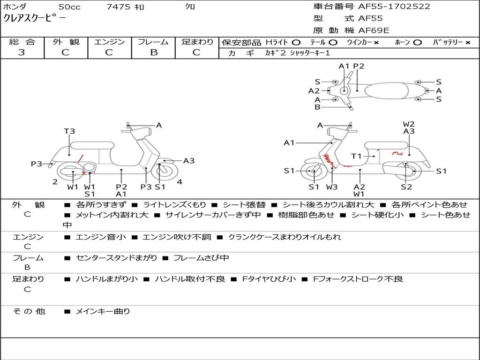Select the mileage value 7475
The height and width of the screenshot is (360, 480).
pyautogui.click(x=119, y=7)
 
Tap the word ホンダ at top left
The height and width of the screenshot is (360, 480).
pyautogui.click(x=15, y=7)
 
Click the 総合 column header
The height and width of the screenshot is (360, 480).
pyautogui.click(x=22, y=42)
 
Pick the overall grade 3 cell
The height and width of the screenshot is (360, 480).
pyautogui.click(x=22, y=52)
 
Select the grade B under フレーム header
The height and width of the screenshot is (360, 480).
pyautogui.click(x=153, y=52)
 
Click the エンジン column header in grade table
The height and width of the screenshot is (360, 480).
pyautogui.click(x=109, y=42)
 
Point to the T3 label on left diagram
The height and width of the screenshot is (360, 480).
pyautogui.click(x=69, y=131)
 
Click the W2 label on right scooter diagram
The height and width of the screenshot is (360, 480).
pyautogui.click(x=409, y=124)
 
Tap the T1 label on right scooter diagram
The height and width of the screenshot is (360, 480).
pyautogui.click(x=357, y=156)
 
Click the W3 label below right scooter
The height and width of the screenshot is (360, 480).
pyautogui.click(x=332, y=187)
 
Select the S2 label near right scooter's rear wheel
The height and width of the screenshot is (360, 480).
pyautogui.click(x=406, y=187)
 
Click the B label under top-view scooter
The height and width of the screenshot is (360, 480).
pyautogui.click(x=317, y=107)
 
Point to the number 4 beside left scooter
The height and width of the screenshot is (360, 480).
pyautogui.click(x=180, y=182)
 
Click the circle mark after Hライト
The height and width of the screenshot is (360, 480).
pyautogui.click(x=296, y=42)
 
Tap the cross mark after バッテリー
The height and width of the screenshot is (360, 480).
pyautogui.click(x=468, y=42)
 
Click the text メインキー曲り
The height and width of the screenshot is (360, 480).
pyautogui.click(x=103, y=311)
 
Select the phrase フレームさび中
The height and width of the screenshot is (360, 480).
pyautogui.click(x=201, y=258)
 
